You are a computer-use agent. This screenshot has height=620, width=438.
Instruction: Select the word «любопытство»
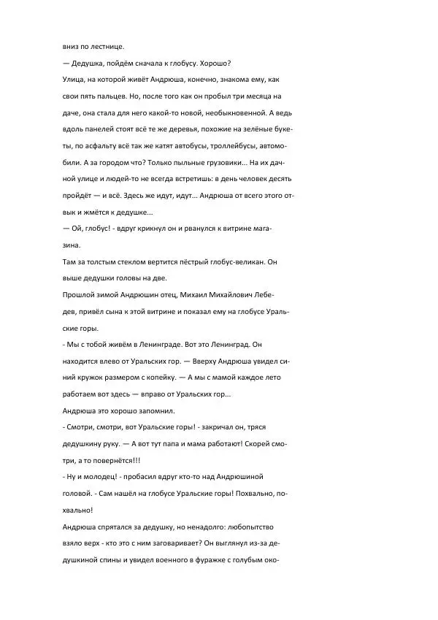pos(245,526)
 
